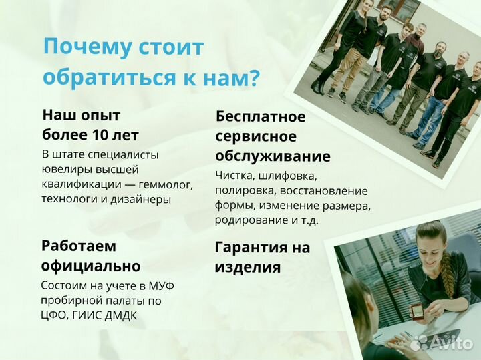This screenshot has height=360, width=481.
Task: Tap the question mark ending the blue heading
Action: pos(253,78)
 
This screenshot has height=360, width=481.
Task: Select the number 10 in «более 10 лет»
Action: pos(98,135)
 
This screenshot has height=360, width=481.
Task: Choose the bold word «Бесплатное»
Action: pos(261,117)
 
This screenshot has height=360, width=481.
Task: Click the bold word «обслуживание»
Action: pos(273,157)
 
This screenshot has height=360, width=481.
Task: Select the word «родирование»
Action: pos(247,220)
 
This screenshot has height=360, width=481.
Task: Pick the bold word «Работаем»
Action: pos(78,245)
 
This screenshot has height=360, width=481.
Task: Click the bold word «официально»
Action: pos(90,266)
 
